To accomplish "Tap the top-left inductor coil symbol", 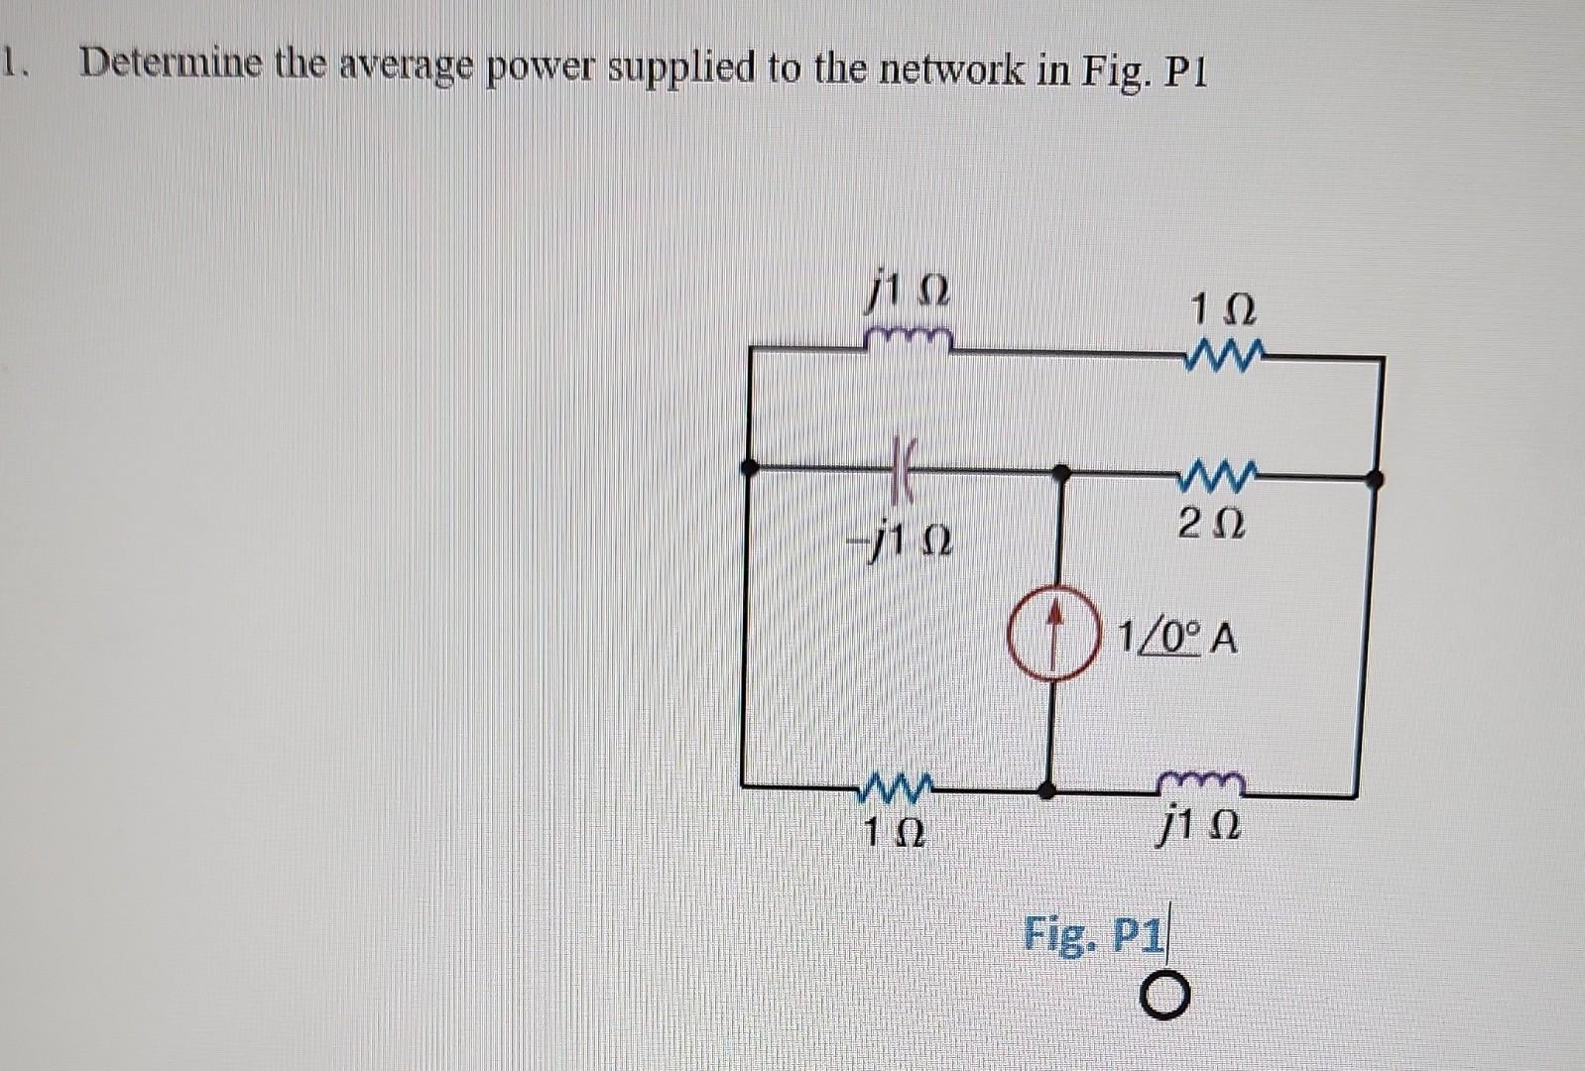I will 909,340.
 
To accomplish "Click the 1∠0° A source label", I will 1177,638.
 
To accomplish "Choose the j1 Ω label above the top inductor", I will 909,293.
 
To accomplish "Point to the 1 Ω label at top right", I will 1223,310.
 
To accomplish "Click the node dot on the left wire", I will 751,465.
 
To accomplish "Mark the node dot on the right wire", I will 1374,480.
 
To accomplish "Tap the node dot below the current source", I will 1046,790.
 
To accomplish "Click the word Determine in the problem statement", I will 171,64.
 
